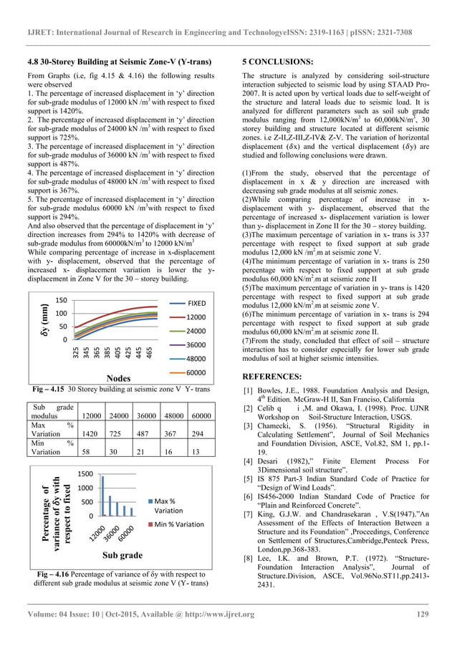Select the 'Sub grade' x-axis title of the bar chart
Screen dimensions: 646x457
click(x=115, y=574)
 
